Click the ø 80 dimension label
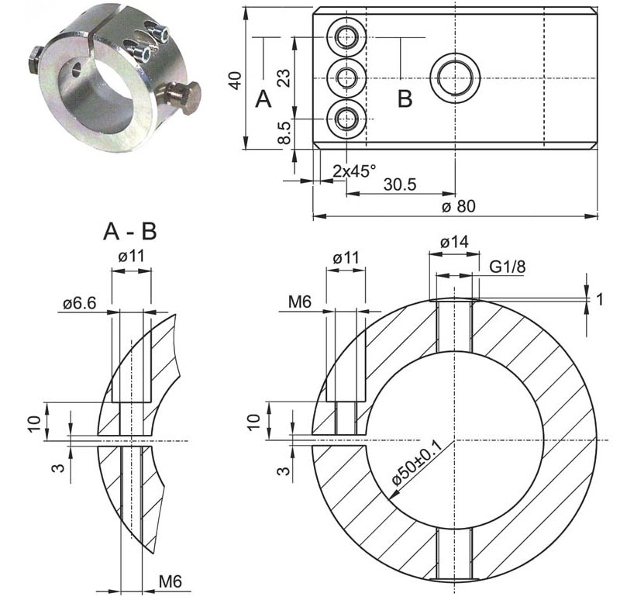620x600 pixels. pos(458,206)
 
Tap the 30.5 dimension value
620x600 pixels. pos(400,184)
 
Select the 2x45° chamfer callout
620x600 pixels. pos(354,170)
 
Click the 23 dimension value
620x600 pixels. pos(284,78)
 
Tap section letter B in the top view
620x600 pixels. pos(405,99)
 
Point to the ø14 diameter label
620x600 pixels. pos(454,243)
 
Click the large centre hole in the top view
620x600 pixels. pos(455,78)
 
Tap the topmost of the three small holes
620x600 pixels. pos(346,36)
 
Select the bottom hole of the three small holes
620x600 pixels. pos(346,119)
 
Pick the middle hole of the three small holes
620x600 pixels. pos(346,78)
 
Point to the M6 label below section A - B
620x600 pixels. pos(171,581)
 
